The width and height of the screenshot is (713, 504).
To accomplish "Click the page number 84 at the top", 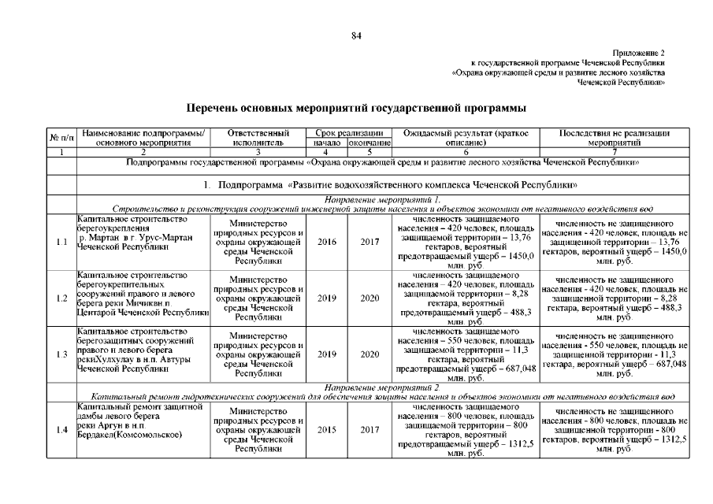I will (x=356, y=35).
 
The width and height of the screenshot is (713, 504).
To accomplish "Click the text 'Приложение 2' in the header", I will (x=639, y=51).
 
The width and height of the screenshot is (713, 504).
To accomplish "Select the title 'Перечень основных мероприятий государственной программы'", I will (x=356, y=107).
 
